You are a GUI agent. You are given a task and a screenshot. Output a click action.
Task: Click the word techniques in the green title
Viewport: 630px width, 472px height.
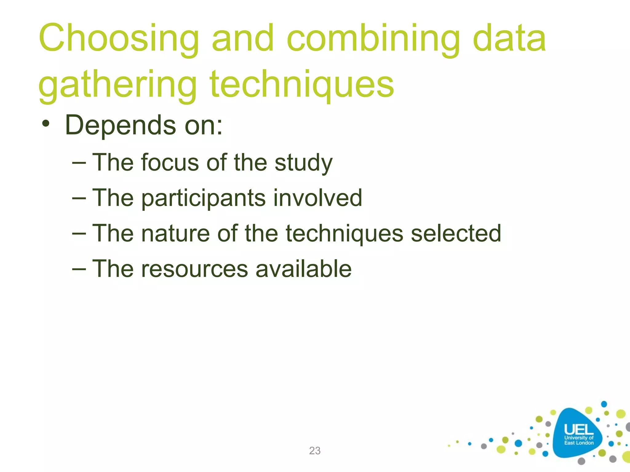[301, 85]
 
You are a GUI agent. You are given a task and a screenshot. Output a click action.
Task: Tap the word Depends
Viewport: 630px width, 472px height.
[120, 126]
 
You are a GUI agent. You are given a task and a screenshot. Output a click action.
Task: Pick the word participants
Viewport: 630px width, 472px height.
[203, 199]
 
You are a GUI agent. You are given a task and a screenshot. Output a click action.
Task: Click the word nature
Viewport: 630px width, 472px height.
[175, 234]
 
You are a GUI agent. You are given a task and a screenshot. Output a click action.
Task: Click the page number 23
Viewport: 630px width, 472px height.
[315, 451]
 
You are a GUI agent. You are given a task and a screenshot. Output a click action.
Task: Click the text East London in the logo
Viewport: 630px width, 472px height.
[579, 443]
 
